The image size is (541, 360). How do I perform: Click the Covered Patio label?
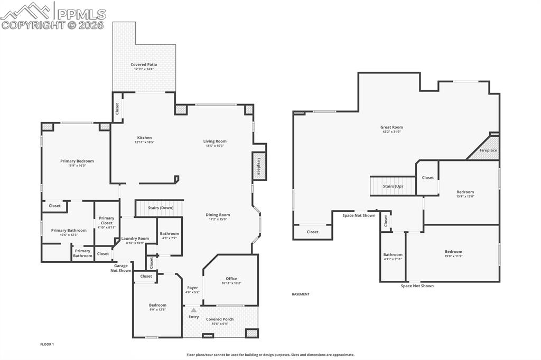[x=144, y=64]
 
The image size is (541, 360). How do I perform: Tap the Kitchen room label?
[x=144, y=138]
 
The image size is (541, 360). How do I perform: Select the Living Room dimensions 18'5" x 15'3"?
[x=214, y=146]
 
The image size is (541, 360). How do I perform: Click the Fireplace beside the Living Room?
[x=258, y=166]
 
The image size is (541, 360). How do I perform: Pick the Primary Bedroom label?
[x=77, y=161]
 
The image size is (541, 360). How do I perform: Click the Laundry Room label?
[x=135, y=238]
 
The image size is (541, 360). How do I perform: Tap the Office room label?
[x=231, y=279]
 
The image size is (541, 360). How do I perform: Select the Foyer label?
[x=192, y=288]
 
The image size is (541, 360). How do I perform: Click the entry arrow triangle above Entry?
[x=194, y=310]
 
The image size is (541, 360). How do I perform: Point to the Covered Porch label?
[x=220, y=319]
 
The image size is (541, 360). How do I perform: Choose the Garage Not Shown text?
[x=121, y=268]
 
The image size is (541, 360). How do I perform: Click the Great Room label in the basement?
[x=391, y=127]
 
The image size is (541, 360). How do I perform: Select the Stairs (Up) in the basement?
[x=393, y=186]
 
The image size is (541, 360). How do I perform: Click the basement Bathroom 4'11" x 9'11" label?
[x=393, y=254]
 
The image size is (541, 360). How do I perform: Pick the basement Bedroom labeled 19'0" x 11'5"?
[x=453, y=252]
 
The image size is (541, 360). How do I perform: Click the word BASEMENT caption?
[x=301, y=294]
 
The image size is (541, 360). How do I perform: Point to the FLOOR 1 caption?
[x=47, y=344]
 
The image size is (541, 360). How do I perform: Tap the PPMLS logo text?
[x=81, y=14]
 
